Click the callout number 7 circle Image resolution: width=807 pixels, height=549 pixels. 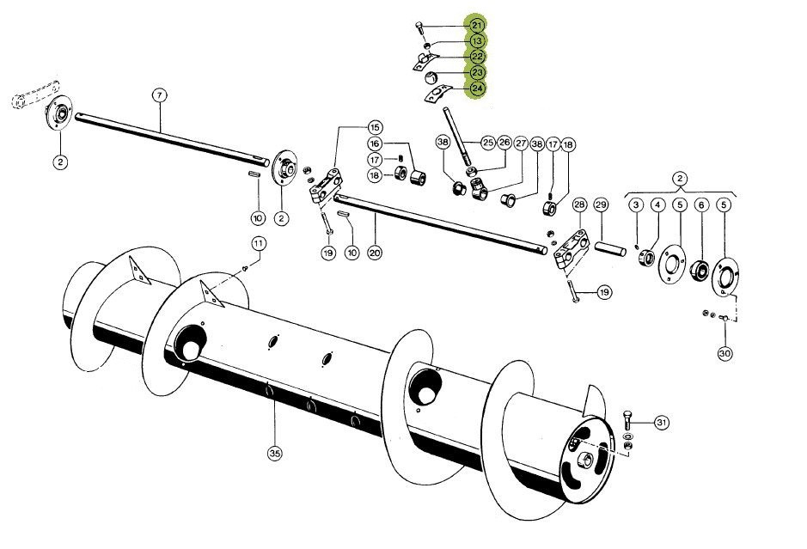pyautogui.click(x=158, y=95)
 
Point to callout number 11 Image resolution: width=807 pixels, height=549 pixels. pyautogui.click(x=257, y=243)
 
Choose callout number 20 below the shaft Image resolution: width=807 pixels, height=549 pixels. pyautogui.click(x=374, y=253)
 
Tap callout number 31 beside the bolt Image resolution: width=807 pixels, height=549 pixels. pyautogui.click(x=661, y=422)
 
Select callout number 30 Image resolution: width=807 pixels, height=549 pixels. pyautogui.click(x=724, y=352)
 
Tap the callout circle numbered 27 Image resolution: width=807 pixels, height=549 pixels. pyautogui.click(x=521, y=143)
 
